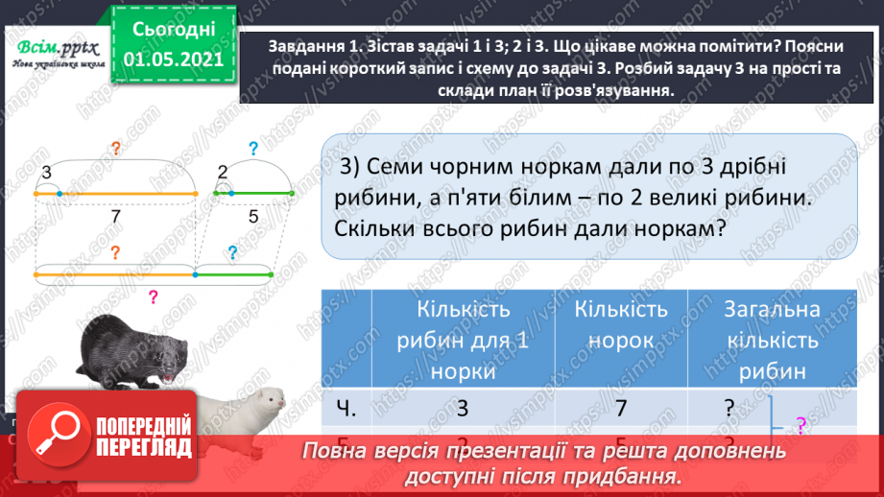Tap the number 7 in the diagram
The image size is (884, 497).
click(x=116, y=217)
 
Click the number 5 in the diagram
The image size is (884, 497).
click(x=253, y=217)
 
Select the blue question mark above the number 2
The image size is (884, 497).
click(x=253, y=149)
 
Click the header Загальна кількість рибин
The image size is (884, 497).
click(x=773, y=340)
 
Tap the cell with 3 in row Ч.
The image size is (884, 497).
click(x=463, y=408)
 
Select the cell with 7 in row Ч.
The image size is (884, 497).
click(x=621, y=408)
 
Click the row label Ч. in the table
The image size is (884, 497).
click(x=348, y=408)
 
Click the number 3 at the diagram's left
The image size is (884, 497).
click(x=45, y=174)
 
